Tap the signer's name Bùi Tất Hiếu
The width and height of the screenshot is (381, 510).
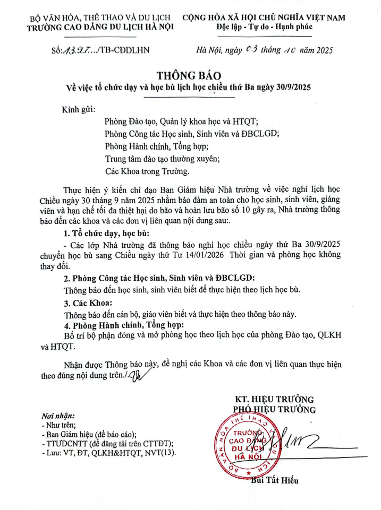point(274,481)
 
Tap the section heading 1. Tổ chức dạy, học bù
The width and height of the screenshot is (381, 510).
point(106,234)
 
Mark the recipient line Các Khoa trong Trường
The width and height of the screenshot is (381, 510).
point(147,171)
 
